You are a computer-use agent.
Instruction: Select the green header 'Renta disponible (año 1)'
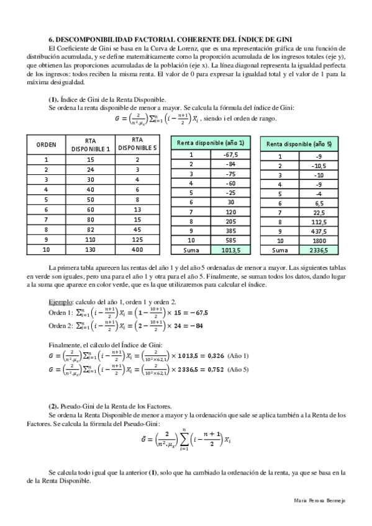215,143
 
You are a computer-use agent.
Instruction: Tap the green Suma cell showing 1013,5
231,249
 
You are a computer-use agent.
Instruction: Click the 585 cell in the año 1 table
231,239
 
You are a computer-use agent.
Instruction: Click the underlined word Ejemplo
60,301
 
